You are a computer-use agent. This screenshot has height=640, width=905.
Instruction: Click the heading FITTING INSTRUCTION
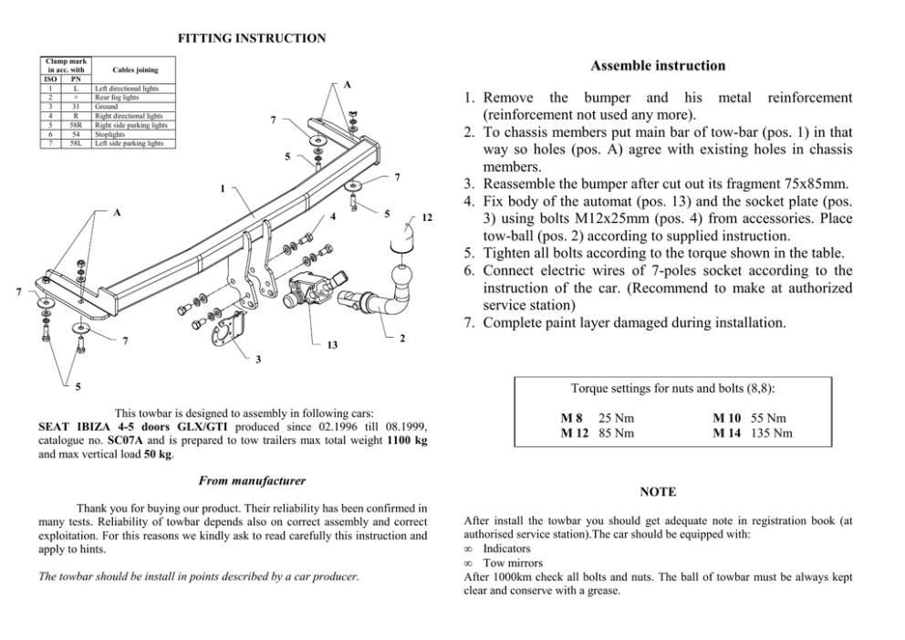tap(251, 38)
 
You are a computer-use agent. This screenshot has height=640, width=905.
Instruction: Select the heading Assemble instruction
tap(658, 66)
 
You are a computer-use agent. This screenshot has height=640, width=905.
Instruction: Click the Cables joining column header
tap(134, 69)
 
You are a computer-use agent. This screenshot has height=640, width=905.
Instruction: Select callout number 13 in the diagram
tap(333, 345)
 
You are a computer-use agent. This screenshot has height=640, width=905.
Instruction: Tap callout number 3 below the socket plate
tap(258, 359)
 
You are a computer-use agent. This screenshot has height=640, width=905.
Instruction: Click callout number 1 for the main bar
tap(221, 190)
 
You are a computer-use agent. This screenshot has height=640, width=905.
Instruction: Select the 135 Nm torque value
tap(772, 434)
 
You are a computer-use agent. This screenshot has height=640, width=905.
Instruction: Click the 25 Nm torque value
tap(616, 418)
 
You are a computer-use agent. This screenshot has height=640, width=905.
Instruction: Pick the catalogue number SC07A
tap(125, 439)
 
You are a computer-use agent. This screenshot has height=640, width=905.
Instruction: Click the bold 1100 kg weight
tap(406, 439)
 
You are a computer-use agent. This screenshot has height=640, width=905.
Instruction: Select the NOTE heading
tap(658, 492)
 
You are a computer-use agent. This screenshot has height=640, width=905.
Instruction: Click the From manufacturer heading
tap(251, 480)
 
